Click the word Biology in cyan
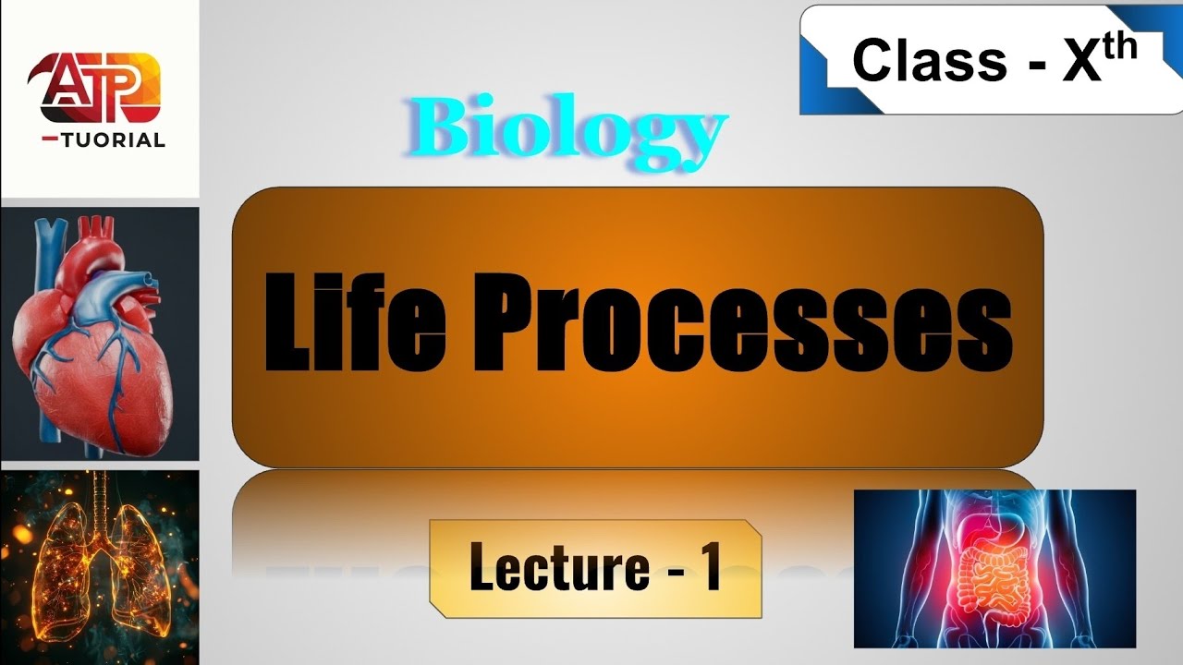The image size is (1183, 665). click(567, 133)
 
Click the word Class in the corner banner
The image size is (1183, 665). click(930, 60)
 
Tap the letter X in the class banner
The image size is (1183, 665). click(1081, 62)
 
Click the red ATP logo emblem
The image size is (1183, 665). click(94, 88)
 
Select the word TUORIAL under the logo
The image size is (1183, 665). click(114, 140)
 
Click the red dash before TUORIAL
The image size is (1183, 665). click(50, 139)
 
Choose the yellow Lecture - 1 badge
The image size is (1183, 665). click(596, 568)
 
